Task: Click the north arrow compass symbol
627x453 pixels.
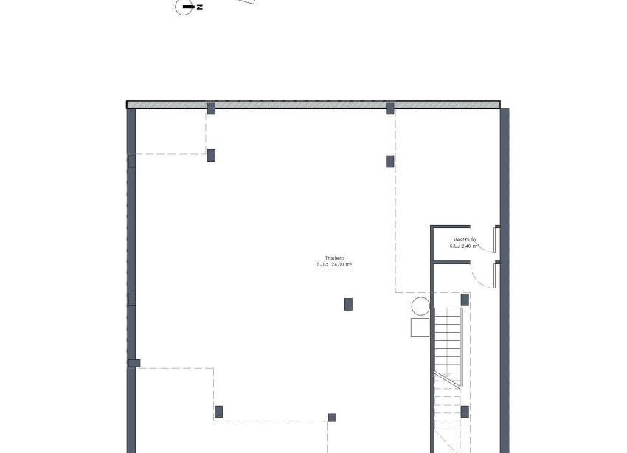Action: click(184, 7)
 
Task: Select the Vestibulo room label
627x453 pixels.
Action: click(465, 240)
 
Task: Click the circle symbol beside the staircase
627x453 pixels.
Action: click(420, 306)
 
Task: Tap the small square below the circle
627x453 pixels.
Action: click(420, 328)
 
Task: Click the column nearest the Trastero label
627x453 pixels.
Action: click(348, 304)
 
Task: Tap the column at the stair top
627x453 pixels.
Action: click(465, 300)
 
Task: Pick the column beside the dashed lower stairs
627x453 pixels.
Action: click(465, 412)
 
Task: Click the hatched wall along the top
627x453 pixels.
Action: click(313, 105)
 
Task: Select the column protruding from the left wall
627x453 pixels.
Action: click(134, 362)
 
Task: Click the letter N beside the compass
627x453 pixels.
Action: click(200, 7)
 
